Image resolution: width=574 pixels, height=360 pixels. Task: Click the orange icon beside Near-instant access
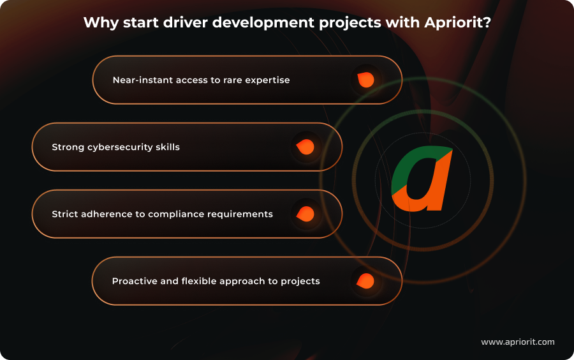[365, 80]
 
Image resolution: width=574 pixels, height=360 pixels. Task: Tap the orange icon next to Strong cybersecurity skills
[305, 147]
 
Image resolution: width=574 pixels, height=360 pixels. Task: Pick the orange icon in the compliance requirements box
[305, 214]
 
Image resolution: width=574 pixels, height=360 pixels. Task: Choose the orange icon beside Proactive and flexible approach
[365, 281]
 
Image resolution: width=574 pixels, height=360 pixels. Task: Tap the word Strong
[67, 147]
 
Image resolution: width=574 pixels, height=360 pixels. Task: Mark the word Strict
[65, 214]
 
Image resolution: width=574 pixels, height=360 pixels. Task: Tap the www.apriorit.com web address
[517, 342]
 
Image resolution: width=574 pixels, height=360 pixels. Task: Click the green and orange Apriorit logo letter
[422, 179]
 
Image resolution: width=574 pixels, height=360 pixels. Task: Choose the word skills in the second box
[168, 147]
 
